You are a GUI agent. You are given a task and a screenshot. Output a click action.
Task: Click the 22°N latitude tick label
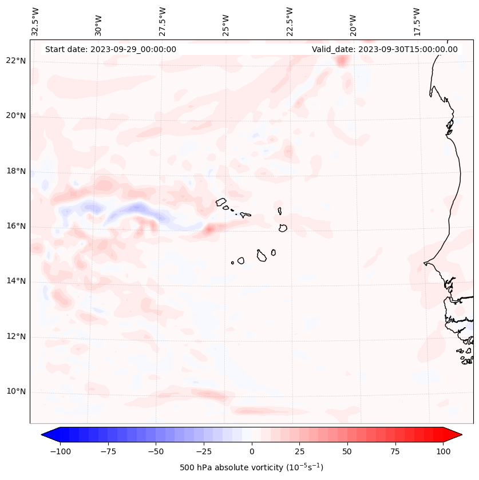point(16,61)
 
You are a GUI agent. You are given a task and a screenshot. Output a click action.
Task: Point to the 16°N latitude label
point(16,226)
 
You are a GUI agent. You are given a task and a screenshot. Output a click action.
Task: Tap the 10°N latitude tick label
point(16,392)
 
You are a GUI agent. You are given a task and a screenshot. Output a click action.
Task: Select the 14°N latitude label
point(16,281)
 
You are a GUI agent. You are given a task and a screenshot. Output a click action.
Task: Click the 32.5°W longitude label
point(35,22)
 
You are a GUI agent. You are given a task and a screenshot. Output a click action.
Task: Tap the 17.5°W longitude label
point(417,22)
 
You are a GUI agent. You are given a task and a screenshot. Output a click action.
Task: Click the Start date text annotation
point(110,49)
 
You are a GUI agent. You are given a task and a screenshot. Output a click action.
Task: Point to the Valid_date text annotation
point(385,49)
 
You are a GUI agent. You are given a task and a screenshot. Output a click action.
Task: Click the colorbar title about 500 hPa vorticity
point(252,467)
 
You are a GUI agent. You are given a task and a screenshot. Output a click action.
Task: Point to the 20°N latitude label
point(16,116)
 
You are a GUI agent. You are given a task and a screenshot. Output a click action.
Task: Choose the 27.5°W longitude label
point(163,22)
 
